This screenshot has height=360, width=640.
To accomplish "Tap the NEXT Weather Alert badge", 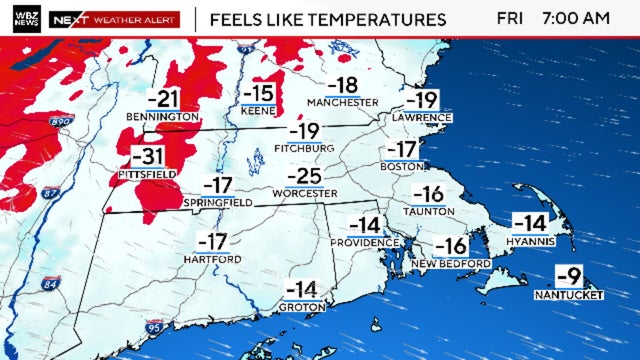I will (x=115, y=19).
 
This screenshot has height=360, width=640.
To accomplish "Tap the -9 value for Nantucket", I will (x=567, y=275).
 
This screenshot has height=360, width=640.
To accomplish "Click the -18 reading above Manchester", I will (x=343, y=85).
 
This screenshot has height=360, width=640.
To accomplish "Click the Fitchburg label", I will (x=304, y=149).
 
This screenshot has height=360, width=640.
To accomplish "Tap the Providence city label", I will (x=364, y=243).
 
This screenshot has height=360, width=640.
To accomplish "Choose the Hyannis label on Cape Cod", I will (x=531, y=241).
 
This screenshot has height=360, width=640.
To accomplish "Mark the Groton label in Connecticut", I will (x=302, y=307).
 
